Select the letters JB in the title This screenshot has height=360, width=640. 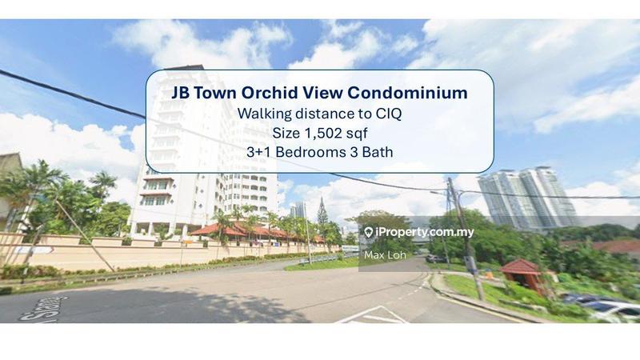click(182, 93)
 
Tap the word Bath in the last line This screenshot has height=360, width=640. click(377, 152)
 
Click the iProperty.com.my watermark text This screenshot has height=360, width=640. click(425, 232)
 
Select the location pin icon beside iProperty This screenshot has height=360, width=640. click(368, 232)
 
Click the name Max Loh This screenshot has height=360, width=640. click(383, 256)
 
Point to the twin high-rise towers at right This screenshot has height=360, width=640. click(528, 196)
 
